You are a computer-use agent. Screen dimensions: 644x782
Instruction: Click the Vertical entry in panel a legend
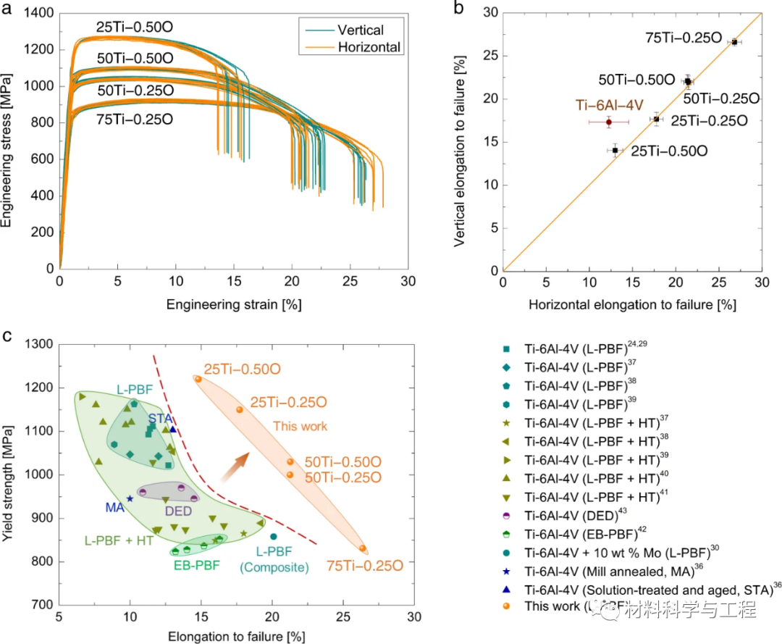(x=360, y=30)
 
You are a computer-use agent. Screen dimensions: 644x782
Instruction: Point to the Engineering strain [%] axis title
(x=232, y=304)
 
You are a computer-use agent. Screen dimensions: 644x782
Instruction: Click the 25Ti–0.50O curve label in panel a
(x=135, y=28)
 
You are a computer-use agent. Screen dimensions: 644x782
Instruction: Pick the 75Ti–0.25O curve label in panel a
(x=135, y=120)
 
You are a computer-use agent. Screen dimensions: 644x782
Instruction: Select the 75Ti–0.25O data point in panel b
(x=734, y=42)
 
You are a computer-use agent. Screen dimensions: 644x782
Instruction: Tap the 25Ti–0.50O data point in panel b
(x=615, y=150)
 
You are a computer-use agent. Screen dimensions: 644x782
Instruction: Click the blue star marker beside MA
(x=130, y=498)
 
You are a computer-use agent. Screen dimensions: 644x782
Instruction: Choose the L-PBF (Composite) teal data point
(x=273, y=537)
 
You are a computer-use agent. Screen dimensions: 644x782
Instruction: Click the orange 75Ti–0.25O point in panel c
(x=362, y=548)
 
